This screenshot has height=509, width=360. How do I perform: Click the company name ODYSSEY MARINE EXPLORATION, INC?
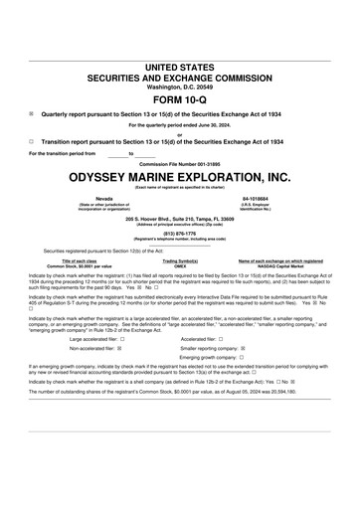point(180,177)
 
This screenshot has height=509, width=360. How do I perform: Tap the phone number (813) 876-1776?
point(180,235)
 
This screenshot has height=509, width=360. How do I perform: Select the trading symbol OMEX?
point(180,266)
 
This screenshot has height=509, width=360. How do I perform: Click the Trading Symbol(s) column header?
point(180,260)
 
